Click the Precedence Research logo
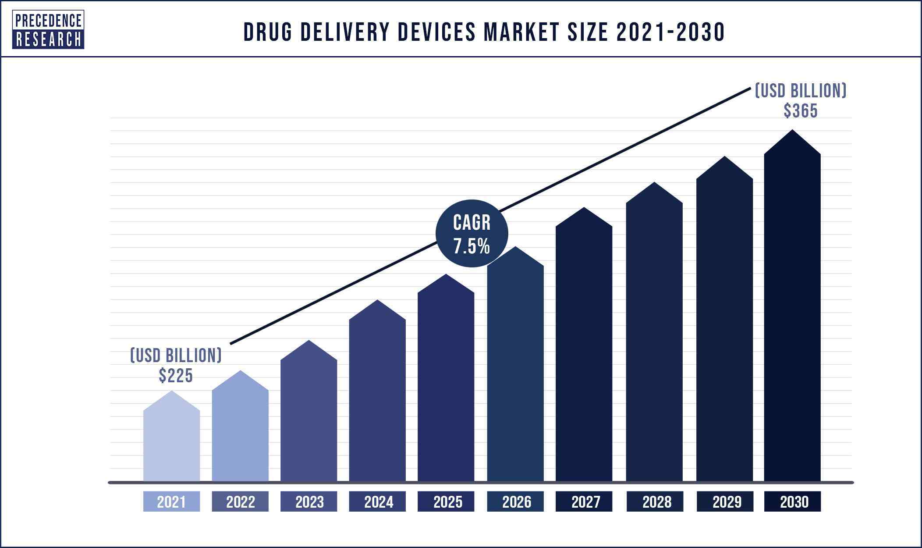point(48,30)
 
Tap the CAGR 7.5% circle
point(472,234)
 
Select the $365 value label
point(801,111)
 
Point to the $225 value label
point(176,376)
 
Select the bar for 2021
point(171,443)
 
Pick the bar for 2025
point(446,386)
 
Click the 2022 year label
point(240,502)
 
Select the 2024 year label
point(377,502)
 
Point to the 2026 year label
point(515,502)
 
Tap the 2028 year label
point(655,502)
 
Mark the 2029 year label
point(725,502)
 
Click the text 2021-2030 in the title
point(670,32)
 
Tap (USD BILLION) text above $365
point(801,91)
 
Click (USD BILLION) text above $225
point(176,356)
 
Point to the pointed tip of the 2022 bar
point(240,372)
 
